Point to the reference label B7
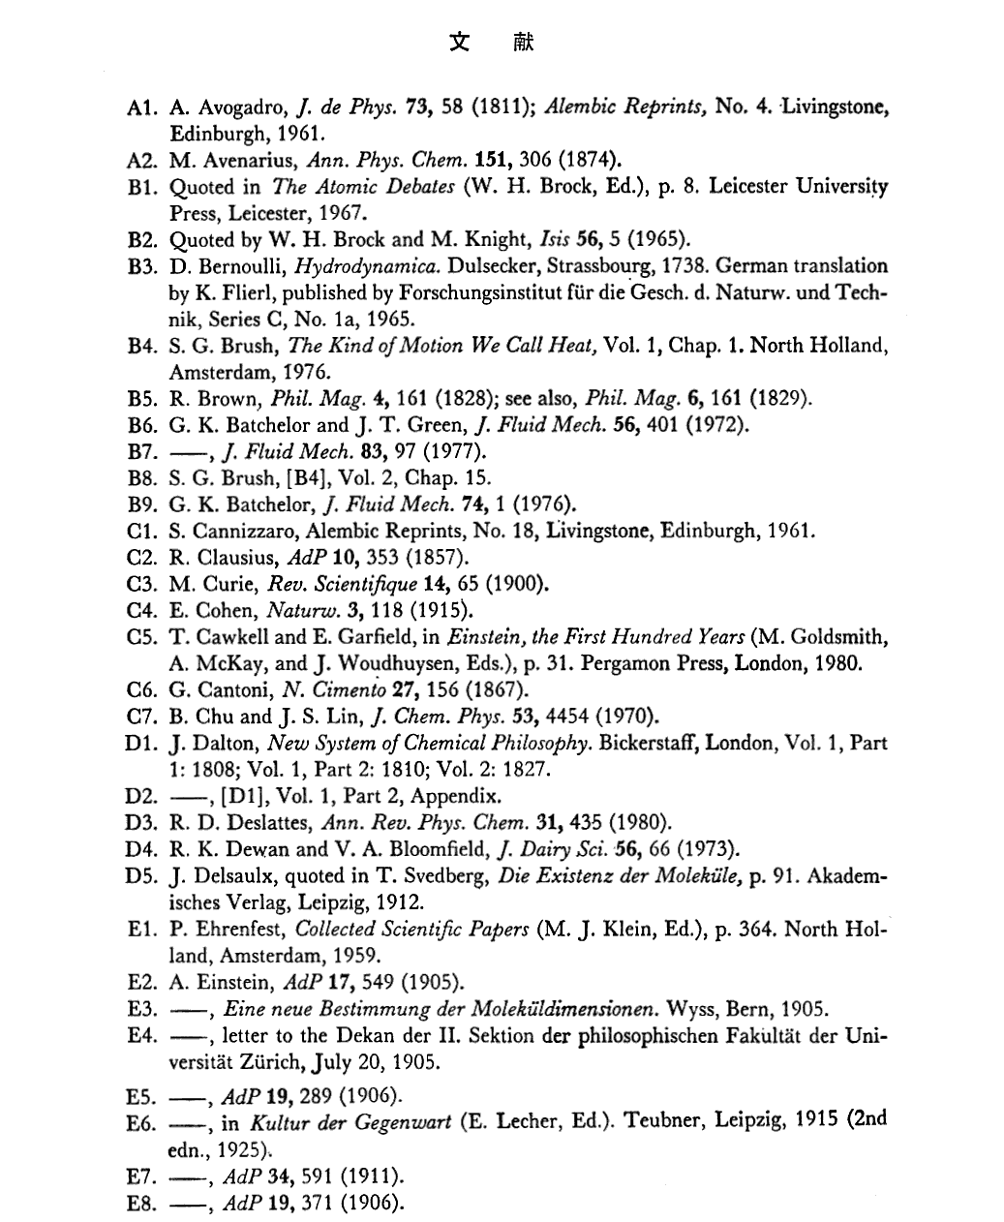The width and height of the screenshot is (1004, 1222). tap(141, 451)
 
